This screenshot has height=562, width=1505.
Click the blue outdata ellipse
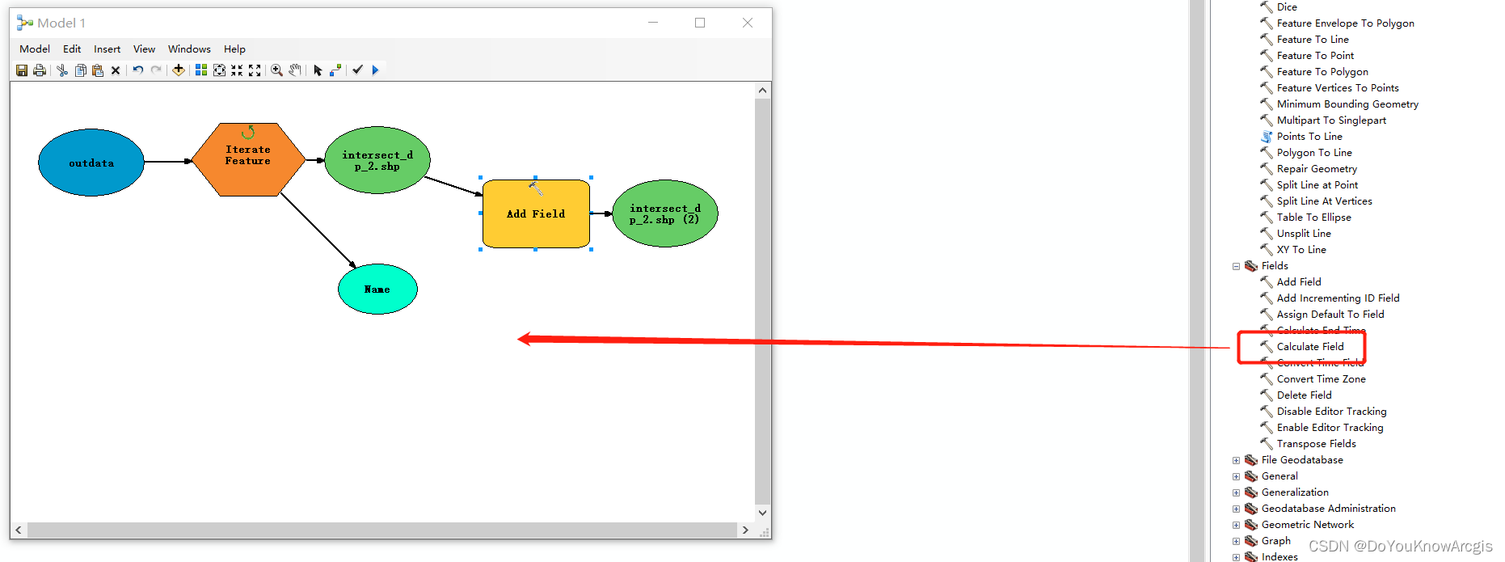click(x=91, y=163)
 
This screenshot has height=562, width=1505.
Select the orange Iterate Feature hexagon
click(x=248, y=159)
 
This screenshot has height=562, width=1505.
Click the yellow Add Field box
click(x=536, y=214)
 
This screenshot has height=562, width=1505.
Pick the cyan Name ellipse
click(x=377, y=289)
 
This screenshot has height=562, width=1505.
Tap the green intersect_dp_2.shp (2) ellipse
click(x=664, y=213)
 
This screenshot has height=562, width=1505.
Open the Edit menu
click(x=72, y=49)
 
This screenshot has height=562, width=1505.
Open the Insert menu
click(x=107, y=49)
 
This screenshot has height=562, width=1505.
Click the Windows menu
click(x=189, y=49)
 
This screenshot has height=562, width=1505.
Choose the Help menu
click(x=234, y=49)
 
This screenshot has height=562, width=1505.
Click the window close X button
click(x=748, y=23)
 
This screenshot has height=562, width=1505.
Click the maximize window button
click(x=700, y=23)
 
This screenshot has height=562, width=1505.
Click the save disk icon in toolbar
click(x=22, y=70)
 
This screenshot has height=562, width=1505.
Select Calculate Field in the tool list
click(x=1309, y=347)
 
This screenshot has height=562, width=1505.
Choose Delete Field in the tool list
click(x=1304, y=395)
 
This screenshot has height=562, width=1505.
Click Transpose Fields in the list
click(x=1316, y=444)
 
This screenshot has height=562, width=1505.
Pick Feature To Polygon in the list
click(x=1322, y=72)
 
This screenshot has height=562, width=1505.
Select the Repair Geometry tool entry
click(x=1316, y=169)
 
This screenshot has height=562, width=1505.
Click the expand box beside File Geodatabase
click(x=1236, y=460)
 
